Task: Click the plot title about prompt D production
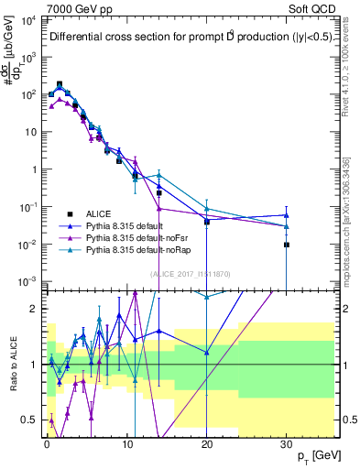click(188, 38)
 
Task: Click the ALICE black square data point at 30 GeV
click(287, 245)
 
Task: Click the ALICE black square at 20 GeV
click(207, 222)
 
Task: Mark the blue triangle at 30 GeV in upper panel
click(287, 215)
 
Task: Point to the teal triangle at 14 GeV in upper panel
click(159, 174)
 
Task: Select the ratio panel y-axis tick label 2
click(36, 309)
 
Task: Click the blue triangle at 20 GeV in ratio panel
click(207, 352)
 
